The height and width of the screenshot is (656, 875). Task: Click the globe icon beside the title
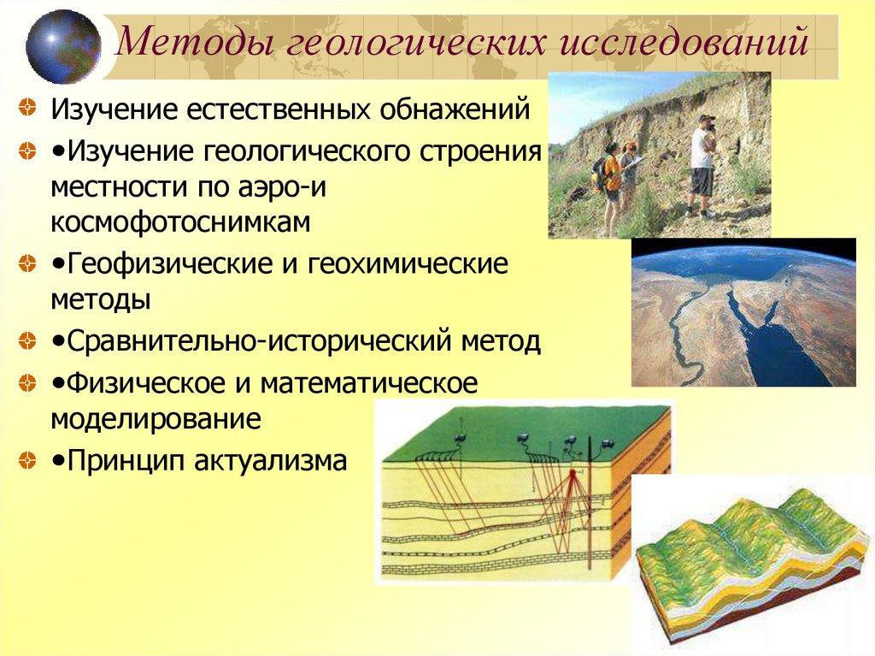62,45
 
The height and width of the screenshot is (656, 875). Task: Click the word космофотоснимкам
180,222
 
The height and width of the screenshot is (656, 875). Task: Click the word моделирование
156,420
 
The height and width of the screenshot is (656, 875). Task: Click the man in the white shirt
702,163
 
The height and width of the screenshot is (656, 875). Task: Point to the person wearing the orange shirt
611,180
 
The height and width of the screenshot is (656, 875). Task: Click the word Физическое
142,382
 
